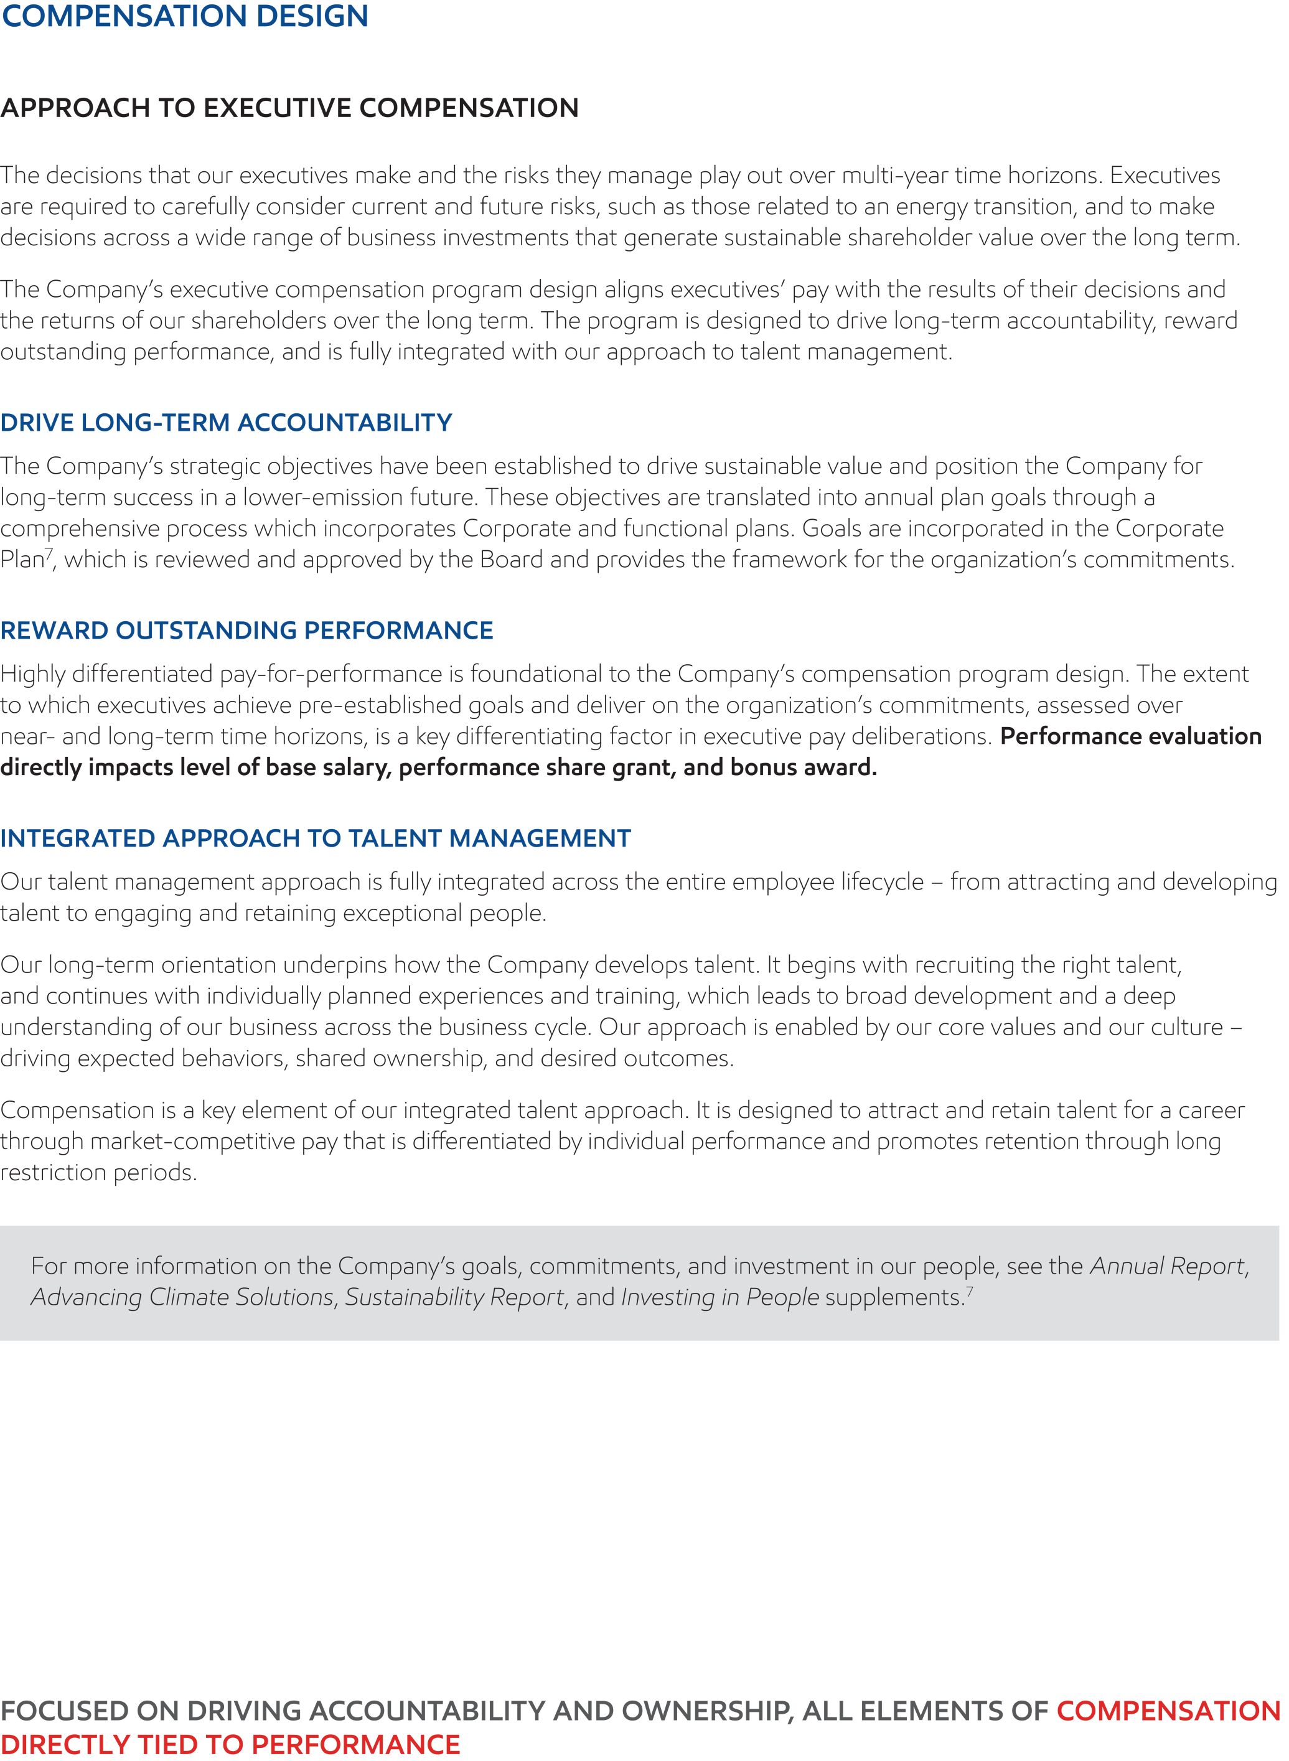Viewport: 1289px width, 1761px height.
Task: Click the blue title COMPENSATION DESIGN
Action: click(x=185, y=16)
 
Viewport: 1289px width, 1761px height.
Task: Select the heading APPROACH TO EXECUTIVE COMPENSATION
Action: click(x=289, y=108)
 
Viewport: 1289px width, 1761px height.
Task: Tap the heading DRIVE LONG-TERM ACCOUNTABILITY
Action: click(x=227, y=423)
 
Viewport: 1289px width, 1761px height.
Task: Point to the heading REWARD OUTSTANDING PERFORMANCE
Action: click(x=246, y=631)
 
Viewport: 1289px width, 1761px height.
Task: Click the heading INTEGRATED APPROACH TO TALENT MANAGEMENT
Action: click(x=315, y=838)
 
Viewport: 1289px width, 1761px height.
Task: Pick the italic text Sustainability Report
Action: click(x=455, y=1297)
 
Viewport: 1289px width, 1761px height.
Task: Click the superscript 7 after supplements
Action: click(x=970, y=1290)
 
